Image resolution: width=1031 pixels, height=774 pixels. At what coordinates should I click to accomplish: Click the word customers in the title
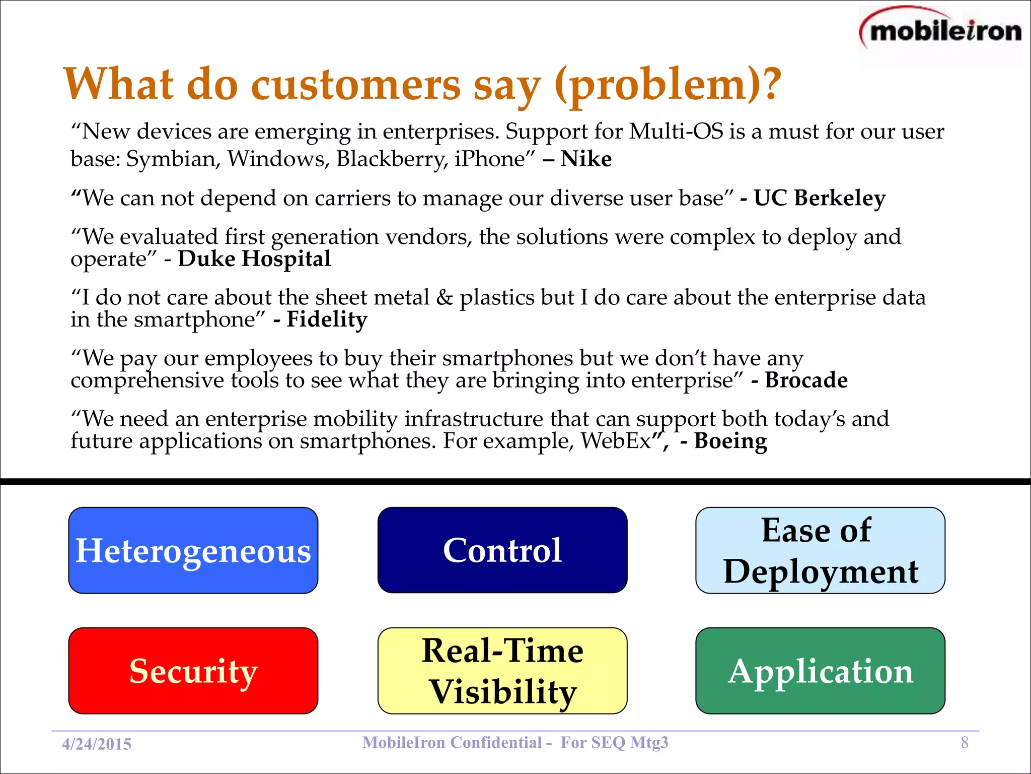355,85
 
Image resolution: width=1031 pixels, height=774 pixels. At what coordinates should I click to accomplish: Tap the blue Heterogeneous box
193,550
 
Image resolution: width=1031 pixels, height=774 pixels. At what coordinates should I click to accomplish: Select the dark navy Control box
502,550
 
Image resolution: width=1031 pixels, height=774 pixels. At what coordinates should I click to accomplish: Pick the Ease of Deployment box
820,550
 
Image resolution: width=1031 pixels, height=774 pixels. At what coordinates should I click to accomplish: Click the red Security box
193,671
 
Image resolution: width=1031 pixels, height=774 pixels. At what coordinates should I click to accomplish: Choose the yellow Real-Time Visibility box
502,671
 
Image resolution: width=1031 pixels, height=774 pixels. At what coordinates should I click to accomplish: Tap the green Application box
820,671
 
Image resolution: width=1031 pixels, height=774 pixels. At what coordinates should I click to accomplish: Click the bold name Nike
586,159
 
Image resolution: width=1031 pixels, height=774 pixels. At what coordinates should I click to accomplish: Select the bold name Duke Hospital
254,259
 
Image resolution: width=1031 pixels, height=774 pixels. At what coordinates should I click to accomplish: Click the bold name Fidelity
327,319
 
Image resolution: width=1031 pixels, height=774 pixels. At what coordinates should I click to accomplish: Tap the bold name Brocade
806,380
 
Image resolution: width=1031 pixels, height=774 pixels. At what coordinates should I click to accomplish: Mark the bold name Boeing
730,441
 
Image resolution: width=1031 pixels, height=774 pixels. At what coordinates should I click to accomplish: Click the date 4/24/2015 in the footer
97,744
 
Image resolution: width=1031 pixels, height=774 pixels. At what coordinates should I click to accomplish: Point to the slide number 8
965,742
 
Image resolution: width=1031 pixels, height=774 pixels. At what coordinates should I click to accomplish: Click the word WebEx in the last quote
616,441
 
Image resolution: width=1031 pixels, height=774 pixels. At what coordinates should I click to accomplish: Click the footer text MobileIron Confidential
452,742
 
